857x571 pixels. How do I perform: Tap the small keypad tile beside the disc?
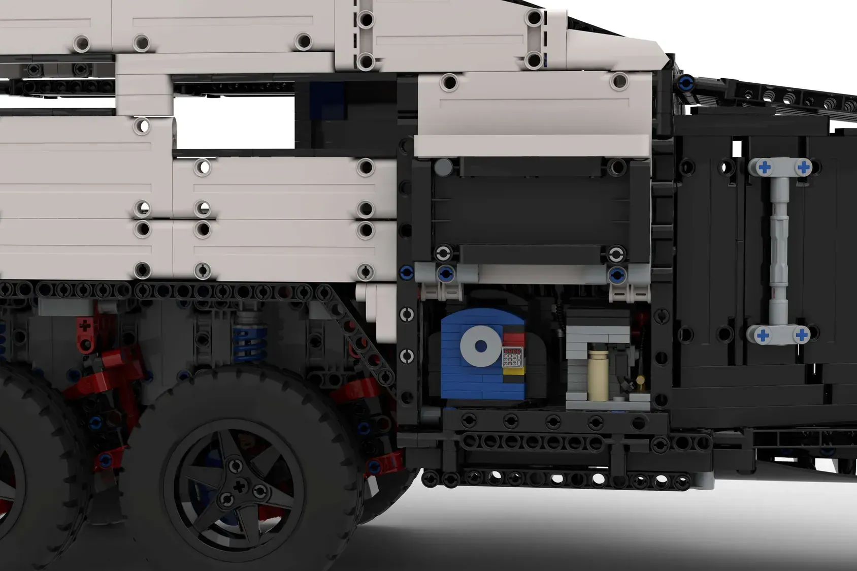tap(512, 357)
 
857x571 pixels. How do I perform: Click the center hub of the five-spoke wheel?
tap(239, 487)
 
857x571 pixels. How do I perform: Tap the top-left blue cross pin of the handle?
tap(764, 167)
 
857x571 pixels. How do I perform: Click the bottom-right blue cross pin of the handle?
tap(802, 335)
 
